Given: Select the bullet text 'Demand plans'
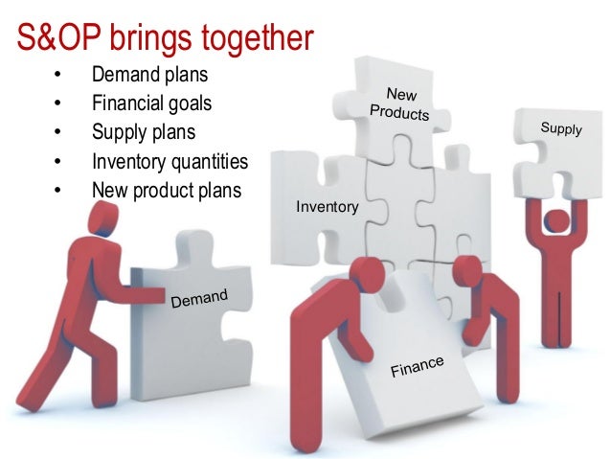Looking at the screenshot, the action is click(x=149, y=74).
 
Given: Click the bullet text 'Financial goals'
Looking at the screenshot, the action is click(x=151, y=103).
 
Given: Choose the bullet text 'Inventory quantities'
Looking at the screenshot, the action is click(x=170, y=161).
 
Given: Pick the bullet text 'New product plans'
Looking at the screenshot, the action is click(x=167, y=190).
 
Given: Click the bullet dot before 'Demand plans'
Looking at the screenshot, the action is click(x=57, y=75).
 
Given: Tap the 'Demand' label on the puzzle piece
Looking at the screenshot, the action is click(x=199, y=299).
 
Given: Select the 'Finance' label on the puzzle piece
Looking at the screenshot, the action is click(x=417, y=365).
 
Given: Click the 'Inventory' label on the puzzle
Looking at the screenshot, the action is click(x=328, y=207).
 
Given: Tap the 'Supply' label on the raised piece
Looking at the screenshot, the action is click(x=561, y=128).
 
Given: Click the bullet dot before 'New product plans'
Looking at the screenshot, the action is click(x=57, y=191).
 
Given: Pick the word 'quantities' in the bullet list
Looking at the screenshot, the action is click(x=205, y=161).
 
